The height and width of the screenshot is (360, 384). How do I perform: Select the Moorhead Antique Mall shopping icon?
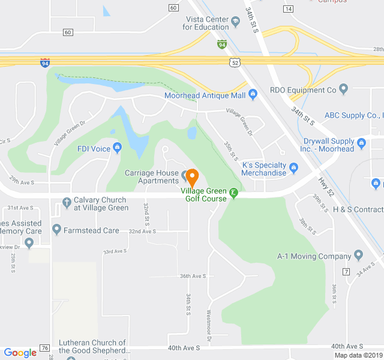pyautogui.click(x=253, y=95)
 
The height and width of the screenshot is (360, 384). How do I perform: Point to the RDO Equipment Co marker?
pyautogui.click(x=343, y=90)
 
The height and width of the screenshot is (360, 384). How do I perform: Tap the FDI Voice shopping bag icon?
pyautogui.click(x=117, y=148)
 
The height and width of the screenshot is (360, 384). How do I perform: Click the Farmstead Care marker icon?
pyautogui.click(x=57, y=229)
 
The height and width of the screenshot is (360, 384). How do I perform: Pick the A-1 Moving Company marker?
pyautogui.click(x=358, y=256)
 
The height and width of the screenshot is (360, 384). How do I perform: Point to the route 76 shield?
pyautogui.click(x=44, y=348)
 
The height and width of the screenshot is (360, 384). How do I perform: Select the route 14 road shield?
pyautogui.click(x=288, y=8)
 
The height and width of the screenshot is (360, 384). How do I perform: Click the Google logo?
pyautogui.click(x=20, y=353)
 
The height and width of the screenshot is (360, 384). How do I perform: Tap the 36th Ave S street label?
pyautogui.click(x=193, y=276)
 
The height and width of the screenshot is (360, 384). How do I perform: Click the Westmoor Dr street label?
pyautogui.click(x=209, y=326)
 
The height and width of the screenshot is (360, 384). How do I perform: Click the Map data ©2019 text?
pyautogui.click(x=358, y=355)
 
